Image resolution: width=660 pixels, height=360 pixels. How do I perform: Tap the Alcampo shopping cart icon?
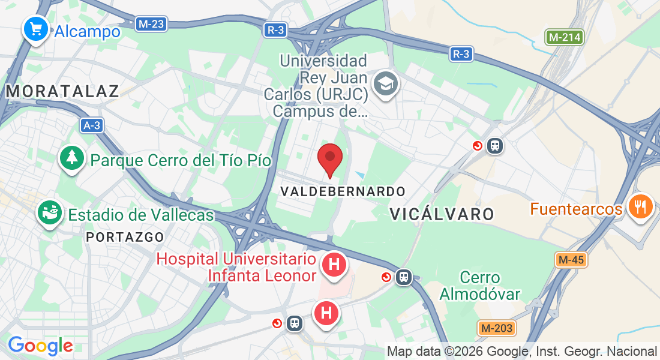pos(35,28)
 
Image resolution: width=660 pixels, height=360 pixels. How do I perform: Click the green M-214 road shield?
pos(565,37)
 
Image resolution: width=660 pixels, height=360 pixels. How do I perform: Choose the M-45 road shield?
pos(571,260)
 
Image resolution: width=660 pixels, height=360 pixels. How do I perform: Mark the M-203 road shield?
pos(496,328)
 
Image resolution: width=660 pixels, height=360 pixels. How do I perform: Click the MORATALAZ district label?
pos(63,91)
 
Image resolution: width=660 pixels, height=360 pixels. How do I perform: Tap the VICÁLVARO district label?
pos(442,214)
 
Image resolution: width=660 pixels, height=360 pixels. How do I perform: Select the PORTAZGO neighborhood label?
pos(125,237)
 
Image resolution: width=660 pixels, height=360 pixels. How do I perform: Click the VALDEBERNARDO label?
pos(343,191)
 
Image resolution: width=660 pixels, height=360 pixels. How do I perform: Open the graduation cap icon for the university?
pos(385,83)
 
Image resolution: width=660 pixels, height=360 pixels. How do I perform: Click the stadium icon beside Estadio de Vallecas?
pos(50,212)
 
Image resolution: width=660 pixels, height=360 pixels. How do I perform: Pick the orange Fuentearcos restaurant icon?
pos(640,207)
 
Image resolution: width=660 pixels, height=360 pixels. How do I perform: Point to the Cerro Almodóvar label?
pos(480,286)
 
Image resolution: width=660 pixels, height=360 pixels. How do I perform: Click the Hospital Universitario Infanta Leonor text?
pos(236,267)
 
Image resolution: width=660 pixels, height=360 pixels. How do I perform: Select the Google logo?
pos(40,346)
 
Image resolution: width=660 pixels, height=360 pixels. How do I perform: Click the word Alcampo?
pos(87,32)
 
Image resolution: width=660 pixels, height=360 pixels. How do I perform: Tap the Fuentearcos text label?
pos(576,209)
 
